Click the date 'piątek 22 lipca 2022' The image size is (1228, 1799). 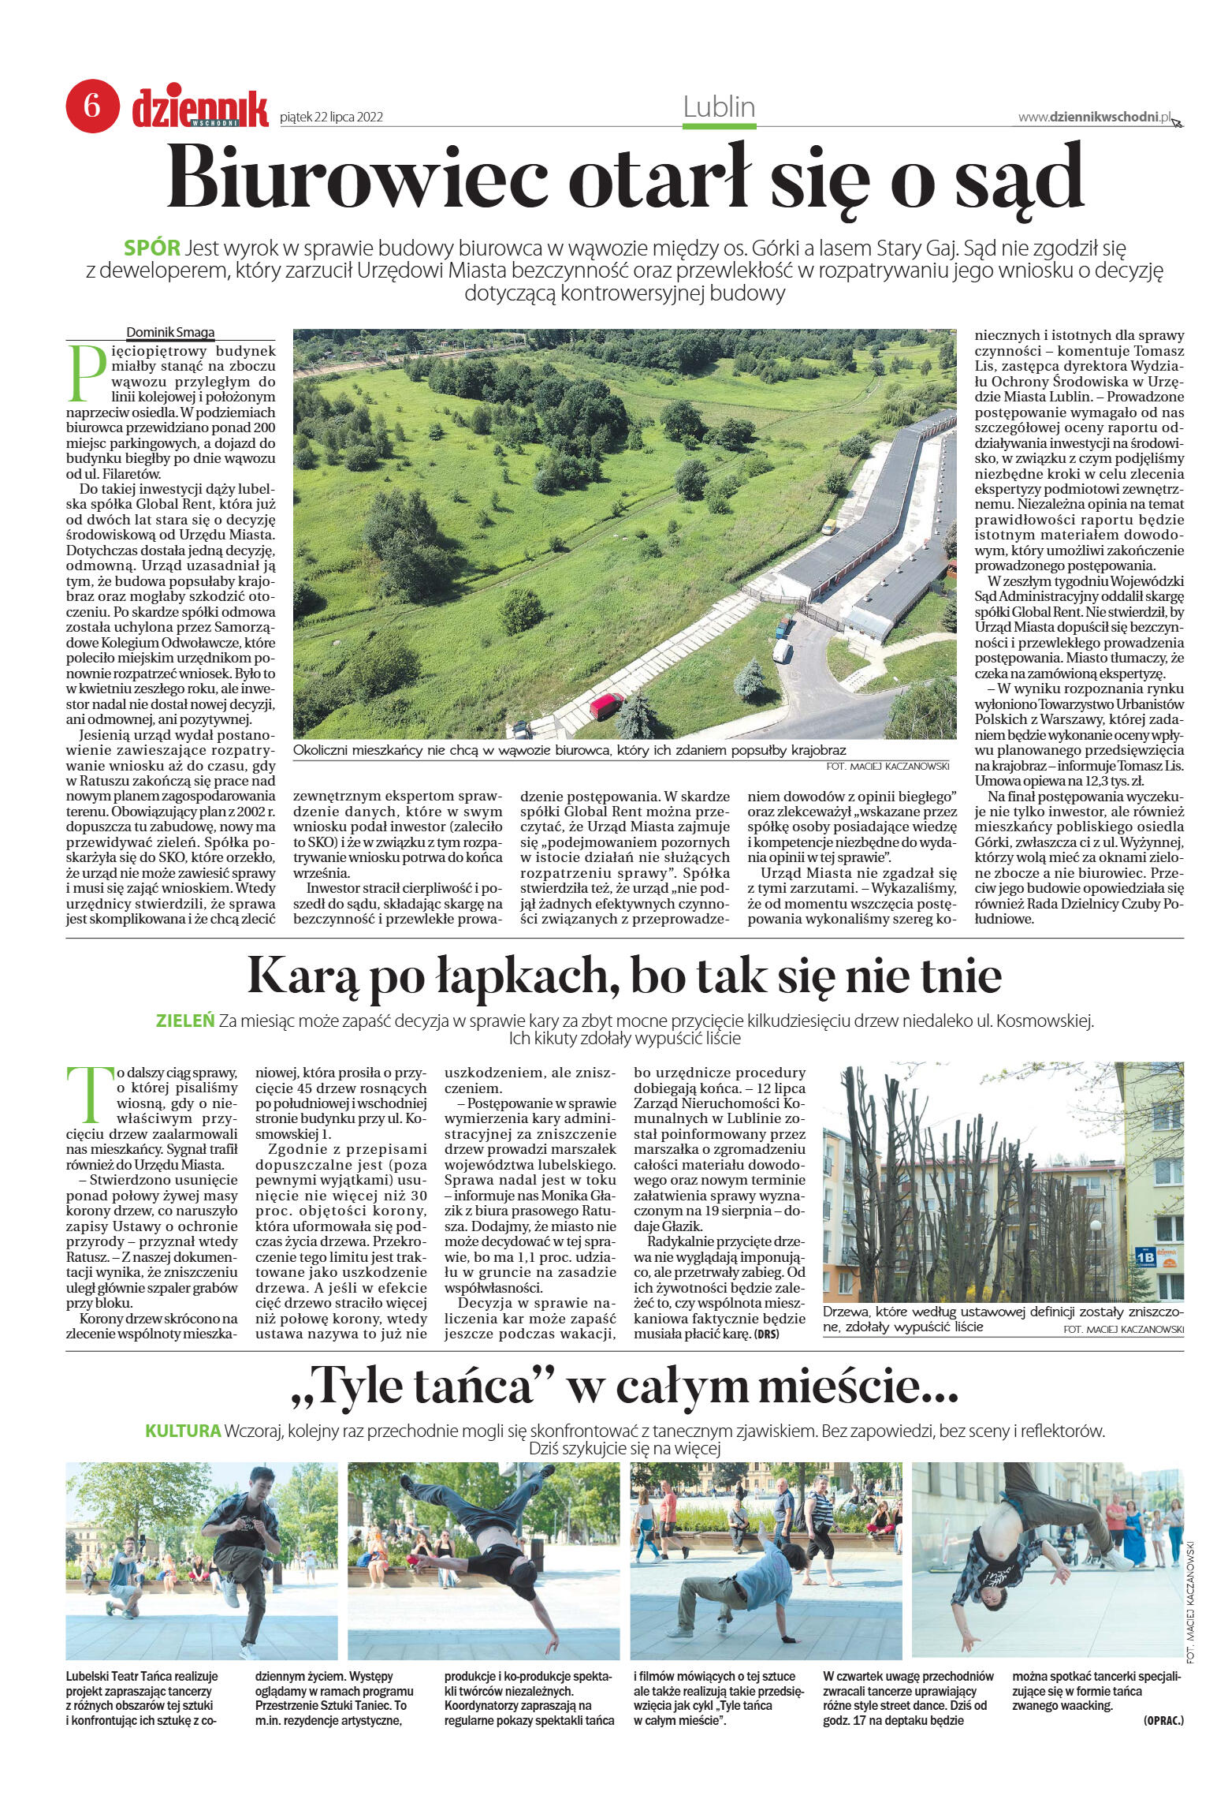tap(331, 118)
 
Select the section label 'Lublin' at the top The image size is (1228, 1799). tap(719, 106)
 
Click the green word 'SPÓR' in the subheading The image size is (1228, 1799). tap(152, 248)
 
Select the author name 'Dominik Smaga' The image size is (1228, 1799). tap(170, 333)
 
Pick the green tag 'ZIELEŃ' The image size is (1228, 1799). tap(186, 1021)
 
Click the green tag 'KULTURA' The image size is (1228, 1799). tap(183, 1430)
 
